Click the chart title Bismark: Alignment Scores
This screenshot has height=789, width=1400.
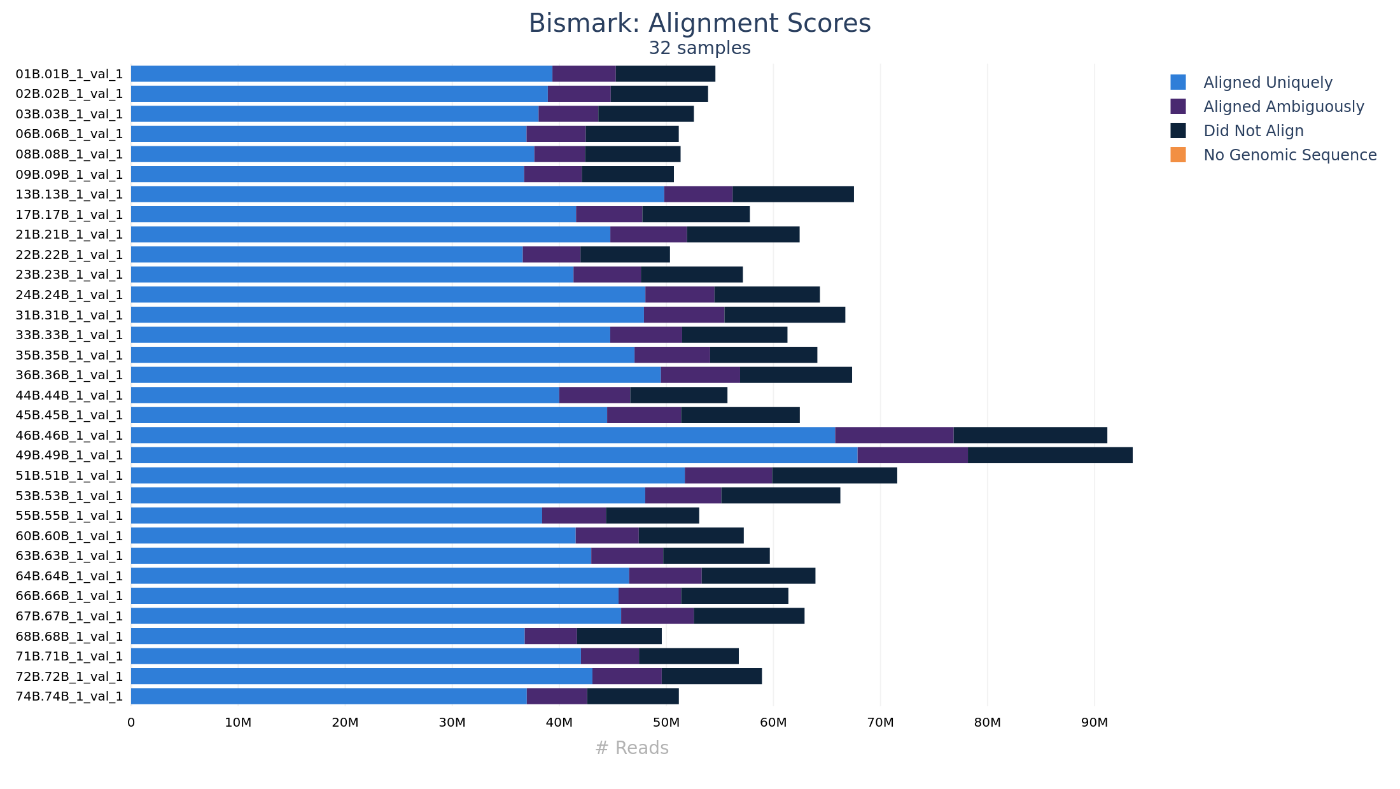(699, 24)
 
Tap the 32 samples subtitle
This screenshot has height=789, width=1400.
(699, 48)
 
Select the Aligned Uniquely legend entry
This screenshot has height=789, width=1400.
(1267, 83)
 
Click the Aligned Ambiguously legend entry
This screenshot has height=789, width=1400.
(1283, 107)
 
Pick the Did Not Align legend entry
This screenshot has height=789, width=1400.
(1253, 131)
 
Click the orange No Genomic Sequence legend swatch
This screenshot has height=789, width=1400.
(1178, 155)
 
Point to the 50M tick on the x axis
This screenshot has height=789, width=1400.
(666, 723)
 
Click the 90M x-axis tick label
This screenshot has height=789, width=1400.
(1095, 723)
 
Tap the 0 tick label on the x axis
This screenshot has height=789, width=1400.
(131, 723)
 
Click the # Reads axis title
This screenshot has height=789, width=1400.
(631, 748)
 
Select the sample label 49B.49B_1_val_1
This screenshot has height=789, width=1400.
(69, 456)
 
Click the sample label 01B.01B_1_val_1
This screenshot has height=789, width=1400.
(69, 74)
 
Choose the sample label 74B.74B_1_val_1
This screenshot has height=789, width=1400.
(69, 696)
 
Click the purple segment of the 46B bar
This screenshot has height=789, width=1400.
(894, 435)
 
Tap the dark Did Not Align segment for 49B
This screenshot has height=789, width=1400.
(1050, 456)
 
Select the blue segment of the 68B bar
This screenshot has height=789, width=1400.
(328, 636)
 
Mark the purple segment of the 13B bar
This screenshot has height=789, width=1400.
(698, 194)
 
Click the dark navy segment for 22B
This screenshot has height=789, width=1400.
(625, 255)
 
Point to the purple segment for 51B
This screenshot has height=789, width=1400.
(728, 475)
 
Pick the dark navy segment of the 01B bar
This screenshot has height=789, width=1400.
(665, 74)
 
